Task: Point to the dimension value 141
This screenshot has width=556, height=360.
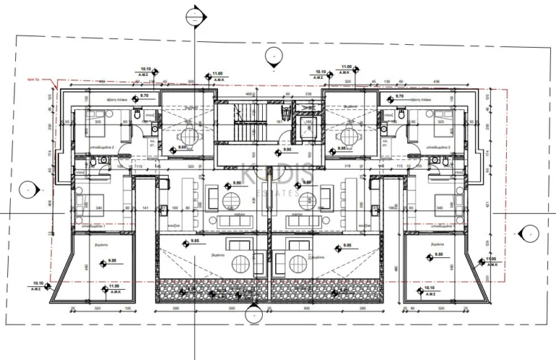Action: click(145, 208)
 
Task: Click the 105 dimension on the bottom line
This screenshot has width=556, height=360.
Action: click(127, 307)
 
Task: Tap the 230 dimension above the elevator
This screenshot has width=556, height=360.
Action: click(308, 93)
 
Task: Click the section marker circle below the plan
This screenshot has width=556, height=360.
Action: click(252, 314)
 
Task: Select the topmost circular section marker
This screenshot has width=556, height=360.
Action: click(194, 14)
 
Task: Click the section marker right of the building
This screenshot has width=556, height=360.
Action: click(529, 233)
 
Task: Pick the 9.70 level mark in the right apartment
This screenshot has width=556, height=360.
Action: click(398, 96)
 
